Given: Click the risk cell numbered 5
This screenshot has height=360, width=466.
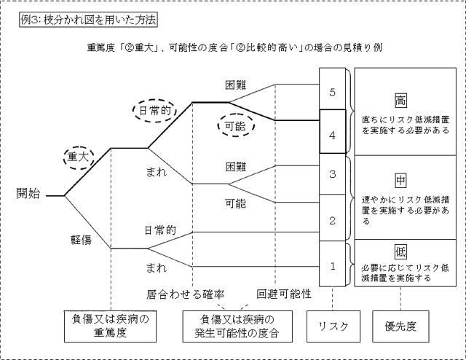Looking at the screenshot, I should point(332,93).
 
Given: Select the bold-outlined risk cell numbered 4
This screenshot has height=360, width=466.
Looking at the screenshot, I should point(332,134).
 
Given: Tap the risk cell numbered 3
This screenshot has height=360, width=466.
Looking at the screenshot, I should point(332,175).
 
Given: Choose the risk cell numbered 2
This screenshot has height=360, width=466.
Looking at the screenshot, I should point(332,219).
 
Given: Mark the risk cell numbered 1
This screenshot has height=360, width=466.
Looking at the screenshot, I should point(332,265).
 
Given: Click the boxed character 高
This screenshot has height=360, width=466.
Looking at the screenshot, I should point(400,99).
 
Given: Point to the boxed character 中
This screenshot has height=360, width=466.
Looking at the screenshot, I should point(400,179).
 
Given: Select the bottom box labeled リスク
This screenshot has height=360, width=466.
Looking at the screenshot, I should point(332,325).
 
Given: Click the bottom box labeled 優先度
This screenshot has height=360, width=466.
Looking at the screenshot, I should point(400,325).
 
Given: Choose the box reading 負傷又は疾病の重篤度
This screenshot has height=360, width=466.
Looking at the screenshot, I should point(108,326).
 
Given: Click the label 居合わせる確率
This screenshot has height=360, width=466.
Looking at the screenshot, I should point(184,294).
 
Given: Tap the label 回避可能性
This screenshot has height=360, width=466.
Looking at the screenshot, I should point(285,294).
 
